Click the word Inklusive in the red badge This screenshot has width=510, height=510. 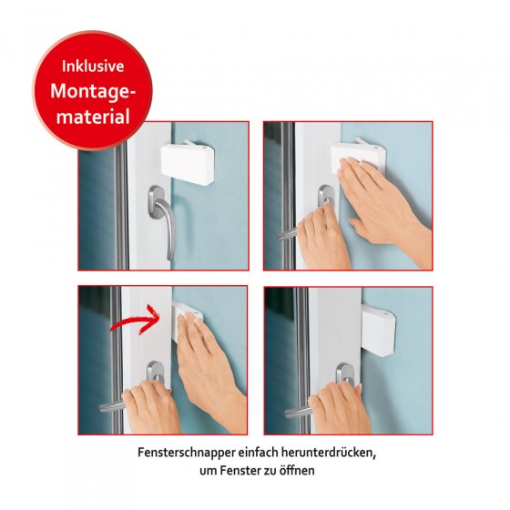93,66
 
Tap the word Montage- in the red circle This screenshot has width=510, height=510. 93,91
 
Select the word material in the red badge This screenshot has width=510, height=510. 93,117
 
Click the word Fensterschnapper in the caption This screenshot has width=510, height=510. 187,453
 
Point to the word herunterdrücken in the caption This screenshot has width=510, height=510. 329,452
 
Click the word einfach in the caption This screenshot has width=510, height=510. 259,452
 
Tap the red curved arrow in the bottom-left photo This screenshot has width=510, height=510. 134,320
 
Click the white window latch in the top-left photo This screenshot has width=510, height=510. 188,163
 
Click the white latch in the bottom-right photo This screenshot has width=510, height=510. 378,329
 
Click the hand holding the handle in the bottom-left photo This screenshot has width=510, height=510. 151,406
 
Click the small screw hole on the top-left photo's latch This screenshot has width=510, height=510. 203,148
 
